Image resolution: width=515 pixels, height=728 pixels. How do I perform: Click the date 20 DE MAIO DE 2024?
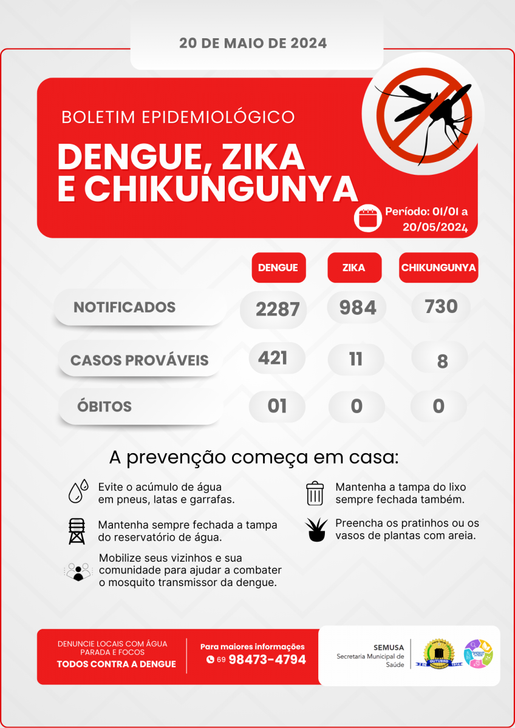click(253, 44)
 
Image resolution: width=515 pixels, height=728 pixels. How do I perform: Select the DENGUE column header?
click(278, 268)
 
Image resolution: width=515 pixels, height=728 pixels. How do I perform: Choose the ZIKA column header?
click(354, 268)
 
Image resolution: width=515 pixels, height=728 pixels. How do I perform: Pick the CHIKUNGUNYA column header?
click(438, 268)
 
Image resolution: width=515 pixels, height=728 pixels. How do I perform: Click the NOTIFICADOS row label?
click(124, 308)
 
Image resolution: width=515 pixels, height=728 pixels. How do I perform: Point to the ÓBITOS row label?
click(104, 406)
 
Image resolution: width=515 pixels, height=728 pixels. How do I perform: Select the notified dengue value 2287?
click(278, 309)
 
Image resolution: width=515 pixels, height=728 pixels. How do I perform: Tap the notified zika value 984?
click(358, 308)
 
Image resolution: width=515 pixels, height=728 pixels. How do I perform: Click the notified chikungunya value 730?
click(442, 307)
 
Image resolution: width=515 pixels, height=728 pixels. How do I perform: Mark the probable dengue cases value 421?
click(273, 359)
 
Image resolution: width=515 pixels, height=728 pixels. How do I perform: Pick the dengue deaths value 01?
click(277, 406)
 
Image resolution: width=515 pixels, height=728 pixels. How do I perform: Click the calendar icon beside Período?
click(368, 218)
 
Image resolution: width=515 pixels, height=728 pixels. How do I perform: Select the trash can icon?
click(315, 493)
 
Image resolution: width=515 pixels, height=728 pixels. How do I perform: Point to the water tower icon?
click(77, 531)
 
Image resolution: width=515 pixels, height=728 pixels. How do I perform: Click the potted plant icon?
click(316, 530)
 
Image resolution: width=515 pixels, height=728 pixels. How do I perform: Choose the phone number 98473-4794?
click(267, 659)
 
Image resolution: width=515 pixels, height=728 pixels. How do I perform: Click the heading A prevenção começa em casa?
click(254, 457)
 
